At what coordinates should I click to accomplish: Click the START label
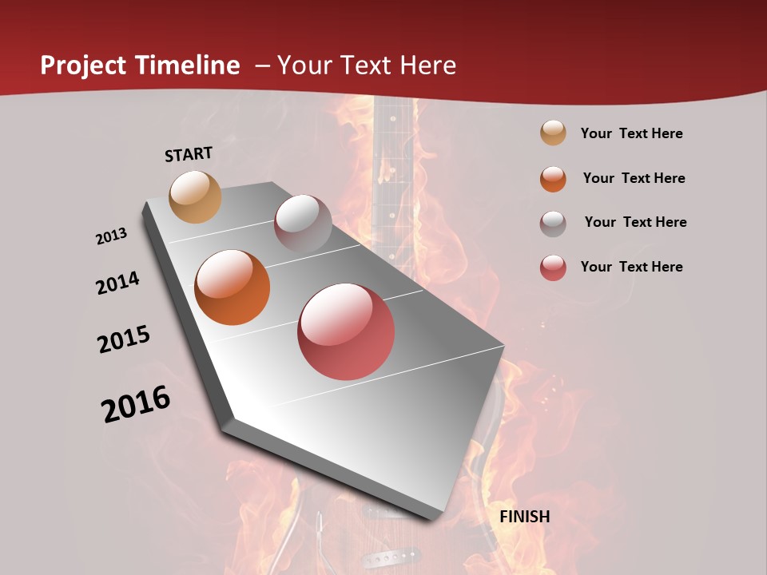(x=189, y=154)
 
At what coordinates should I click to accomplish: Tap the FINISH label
(x=524, y=517)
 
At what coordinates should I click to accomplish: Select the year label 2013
(x=112, y=236)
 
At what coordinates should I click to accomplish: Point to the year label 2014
(x=117, y=284)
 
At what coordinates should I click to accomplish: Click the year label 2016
(x=136, y=404)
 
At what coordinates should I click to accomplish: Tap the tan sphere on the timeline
(x=195, y=196)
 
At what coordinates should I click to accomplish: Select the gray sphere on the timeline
(x=303, y=224)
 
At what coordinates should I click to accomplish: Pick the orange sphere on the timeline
(x=232, y=287)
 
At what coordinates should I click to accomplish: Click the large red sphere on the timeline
(x=346, y=331)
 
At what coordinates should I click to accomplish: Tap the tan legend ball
(x=553, y=133)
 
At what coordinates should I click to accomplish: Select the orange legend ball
(x=553, y=178)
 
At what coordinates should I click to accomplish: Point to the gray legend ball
(x=553, y=223)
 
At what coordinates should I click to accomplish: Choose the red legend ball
(x=553, y=268)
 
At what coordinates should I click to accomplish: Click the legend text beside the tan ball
(x=631, y=133)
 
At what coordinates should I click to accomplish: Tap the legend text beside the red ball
(x=631, y=267)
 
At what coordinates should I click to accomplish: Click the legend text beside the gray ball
(x=635, y=222)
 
